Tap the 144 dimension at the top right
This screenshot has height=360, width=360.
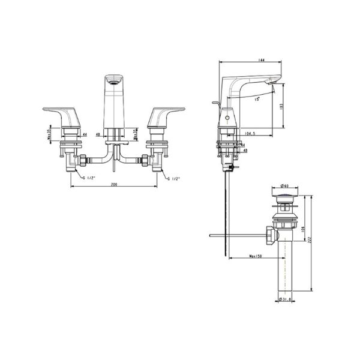tap(262, 61)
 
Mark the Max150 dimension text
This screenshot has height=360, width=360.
tap(254, 258)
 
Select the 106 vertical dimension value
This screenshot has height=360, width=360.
tap(304, 228)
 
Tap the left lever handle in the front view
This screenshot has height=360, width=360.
tap(60, 112)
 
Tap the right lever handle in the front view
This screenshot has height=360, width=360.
tap(167, 112)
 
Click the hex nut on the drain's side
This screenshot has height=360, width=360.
tap(270, 234)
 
